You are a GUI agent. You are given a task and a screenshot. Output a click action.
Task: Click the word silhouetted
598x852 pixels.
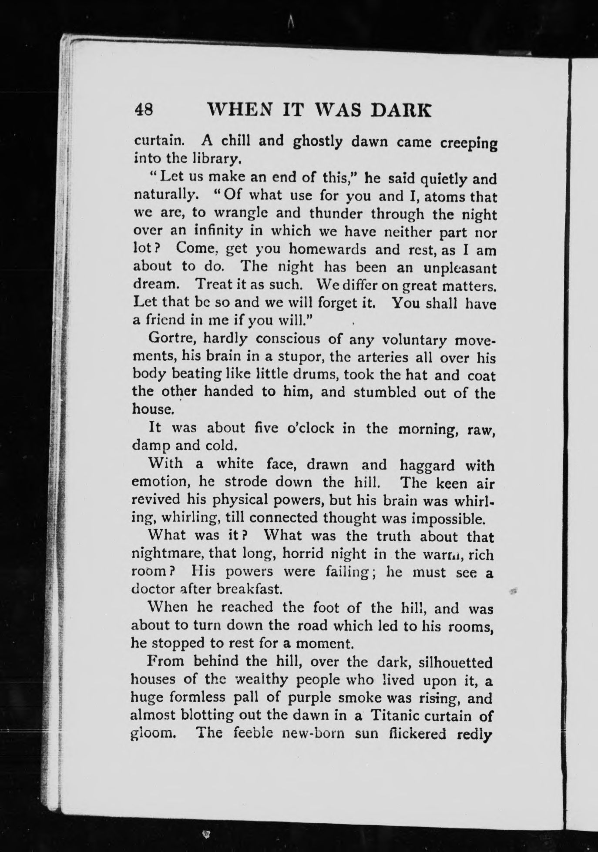click(x=455, y=662)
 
